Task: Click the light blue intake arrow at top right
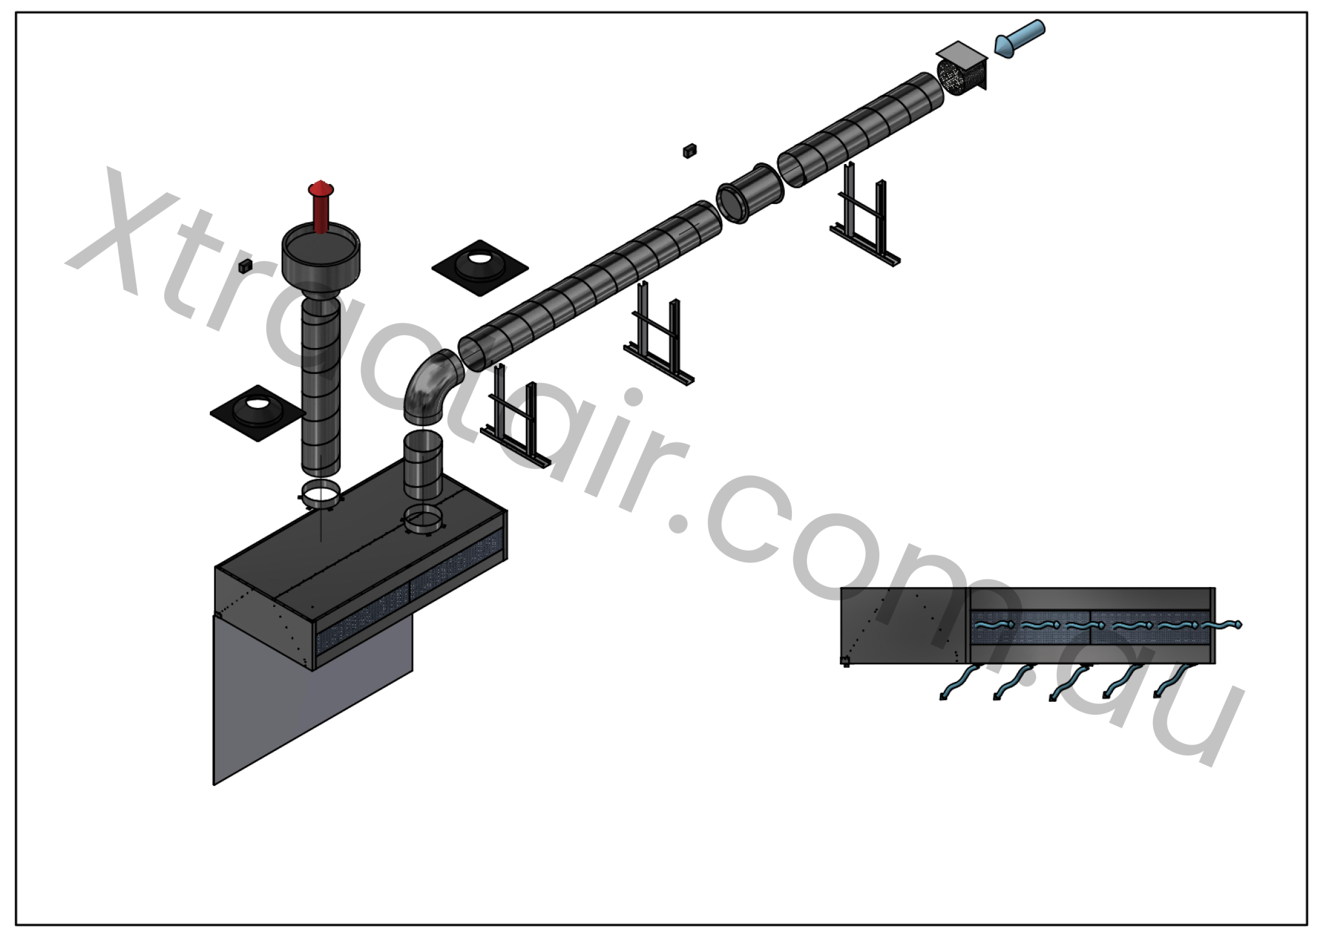tap(1019, 38)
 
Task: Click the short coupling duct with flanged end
tap(749, 193)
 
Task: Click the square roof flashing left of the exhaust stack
tap(258, 413)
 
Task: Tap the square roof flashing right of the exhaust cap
tap(480, 267)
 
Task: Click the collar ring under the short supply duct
tap(423, 519)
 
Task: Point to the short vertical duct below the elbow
tap(422, 465)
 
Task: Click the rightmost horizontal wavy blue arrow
tap(1221, 625)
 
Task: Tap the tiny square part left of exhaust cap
tap(244, 266)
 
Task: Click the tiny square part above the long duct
tap(689, 151)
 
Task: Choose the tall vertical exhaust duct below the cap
tap(320, 387)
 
